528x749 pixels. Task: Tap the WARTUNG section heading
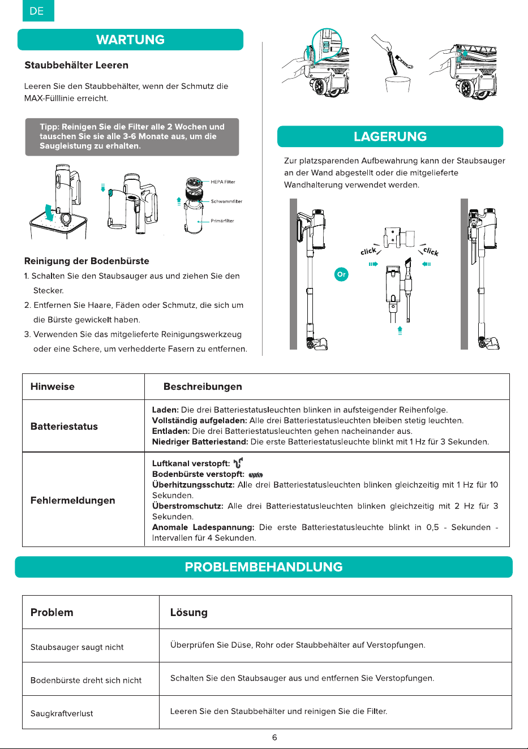click(x=131, y=40)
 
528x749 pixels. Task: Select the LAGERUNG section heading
click(x=390, y=136)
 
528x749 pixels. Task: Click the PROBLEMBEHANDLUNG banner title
click(x=264, y=567)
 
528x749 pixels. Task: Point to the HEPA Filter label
click(x=223, y=182)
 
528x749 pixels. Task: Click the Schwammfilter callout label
click(x=226, y=201)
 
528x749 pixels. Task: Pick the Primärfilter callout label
click(x=222, y=221)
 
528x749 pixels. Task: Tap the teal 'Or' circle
click(x=341, y=274)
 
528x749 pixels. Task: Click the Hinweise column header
click(x=53, y=386)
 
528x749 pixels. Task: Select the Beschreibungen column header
click(x=203, y=386)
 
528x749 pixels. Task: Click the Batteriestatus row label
click(x=65, y=427)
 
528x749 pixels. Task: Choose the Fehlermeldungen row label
click(x=73, y=500)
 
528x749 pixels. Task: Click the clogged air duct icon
click(x=238, y=463)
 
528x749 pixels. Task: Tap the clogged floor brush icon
click(x=256, y=475)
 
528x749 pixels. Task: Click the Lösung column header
click(x=189, y=612)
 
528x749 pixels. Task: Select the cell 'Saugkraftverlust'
click(x=62, y=713)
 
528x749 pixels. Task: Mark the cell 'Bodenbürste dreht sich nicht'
click(x=86, y=681)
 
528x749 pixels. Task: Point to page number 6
click(x=274, y=737)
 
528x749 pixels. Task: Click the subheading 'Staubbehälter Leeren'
click(x=76, y=65)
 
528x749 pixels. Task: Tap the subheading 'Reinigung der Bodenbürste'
click(x=87, y=261)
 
